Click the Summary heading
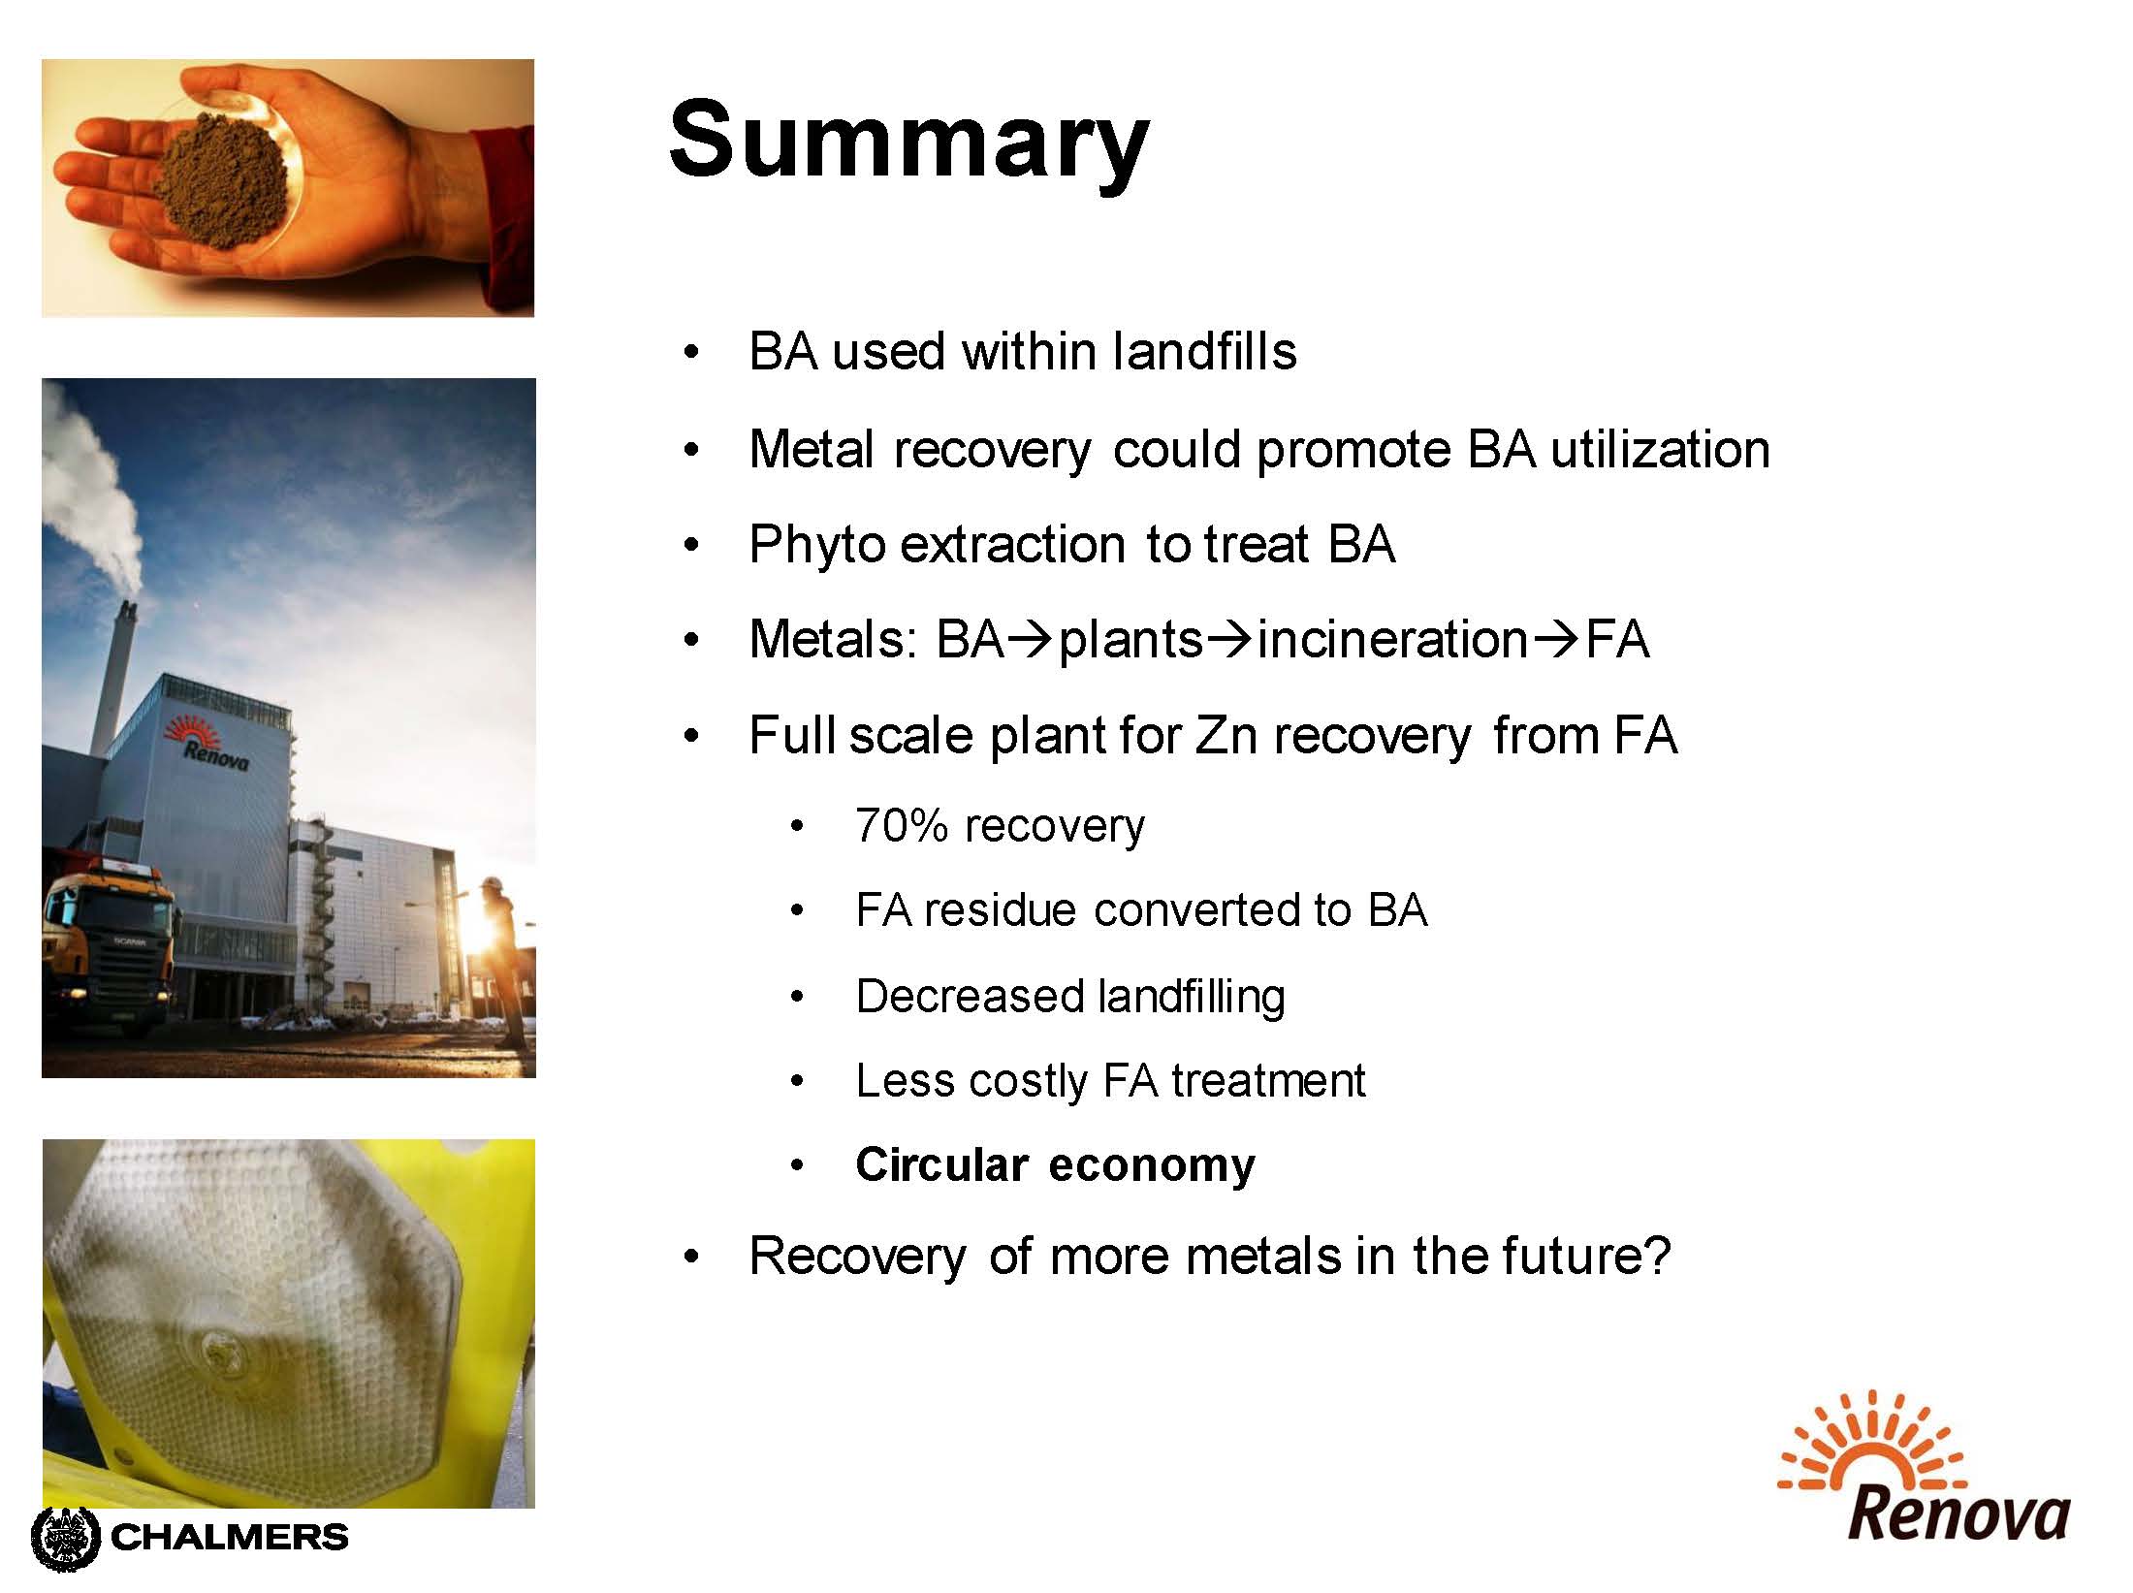point(908,142)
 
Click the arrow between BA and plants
point(1030,640)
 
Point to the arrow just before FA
point(1556,640)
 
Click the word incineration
point(1392,639)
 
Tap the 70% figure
point(901,826)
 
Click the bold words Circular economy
point(1055,1164)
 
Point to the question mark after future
point(1657,1256)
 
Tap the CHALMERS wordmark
point(231,1537)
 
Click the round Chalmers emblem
point(66,1538)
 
